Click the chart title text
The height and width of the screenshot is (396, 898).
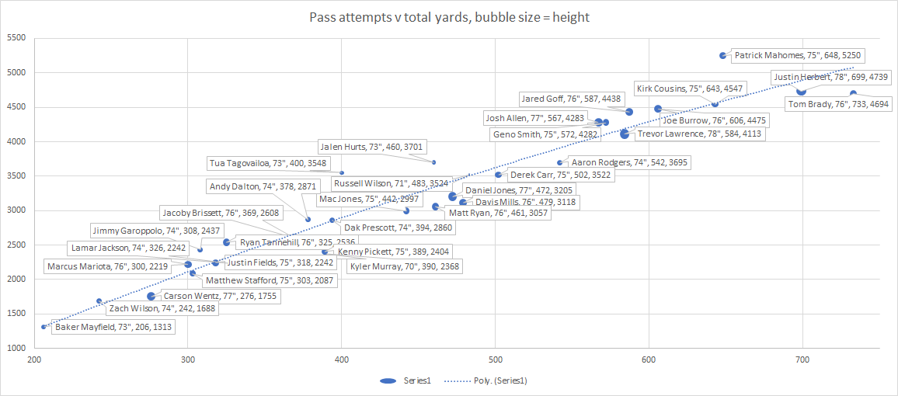pos(449,17)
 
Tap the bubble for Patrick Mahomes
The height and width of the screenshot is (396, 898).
pos(722,56)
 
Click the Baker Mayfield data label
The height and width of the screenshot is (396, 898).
pos(113,328)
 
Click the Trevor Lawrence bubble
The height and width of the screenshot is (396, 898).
pos(625,134)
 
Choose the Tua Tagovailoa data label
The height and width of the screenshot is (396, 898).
pos(268,164)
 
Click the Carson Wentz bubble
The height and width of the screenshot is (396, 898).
pos(151,296)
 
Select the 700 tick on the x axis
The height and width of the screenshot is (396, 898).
pos(802,360)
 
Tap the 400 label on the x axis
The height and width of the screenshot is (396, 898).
pos(341,360)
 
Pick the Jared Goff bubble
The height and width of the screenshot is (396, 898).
pos(629,112)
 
